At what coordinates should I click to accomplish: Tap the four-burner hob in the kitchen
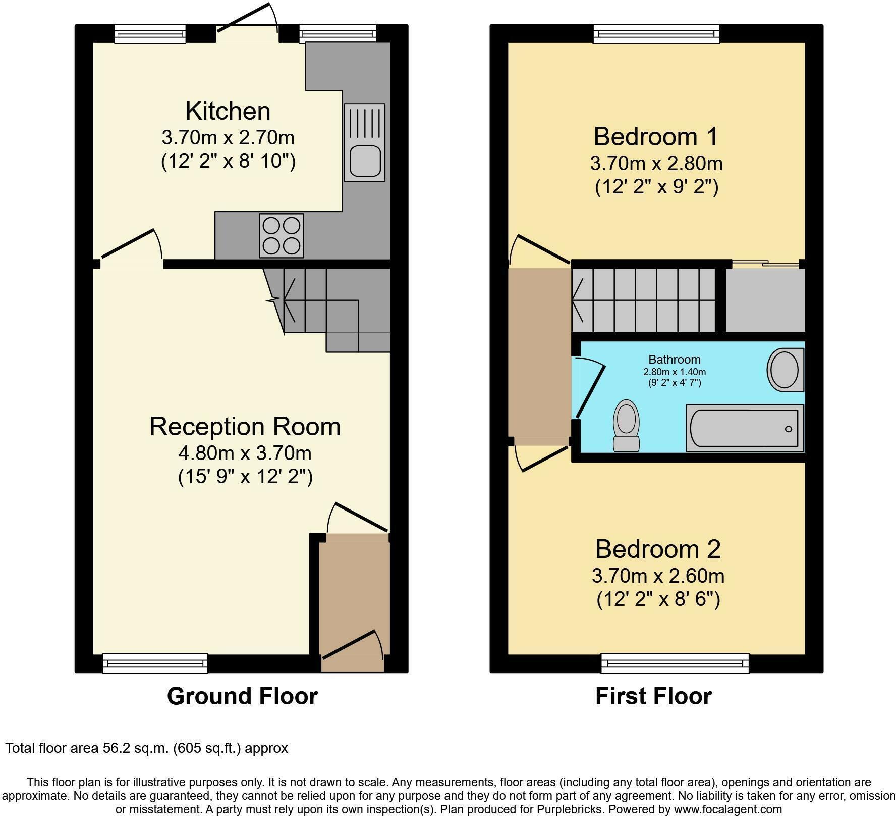point(282,235)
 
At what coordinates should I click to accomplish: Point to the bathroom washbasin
point(785,369)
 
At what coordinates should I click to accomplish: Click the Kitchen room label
point(228,111)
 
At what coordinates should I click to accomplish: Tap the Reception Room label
point(245,427)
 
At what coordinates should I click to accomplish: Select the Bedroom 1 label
point(656,137)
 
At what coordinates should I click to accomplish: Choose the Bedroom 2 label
point(658,549)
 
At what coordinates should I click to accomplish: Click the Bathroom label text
point(675,360)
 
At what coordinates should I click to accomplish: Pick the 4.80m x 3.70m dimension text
point(245,453)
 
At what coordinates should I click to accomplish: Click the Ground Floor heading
point(242,696)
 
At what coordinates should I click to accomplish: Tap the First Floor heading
point(653,696)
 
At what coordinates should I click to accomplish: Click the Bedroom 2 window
point(675,662)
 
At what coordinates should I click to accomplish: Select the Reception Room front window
point(155,662)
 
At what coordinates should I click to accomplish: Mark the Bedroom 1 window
point(656,34)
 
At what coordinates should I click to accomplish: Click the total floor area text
point(146,748)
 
